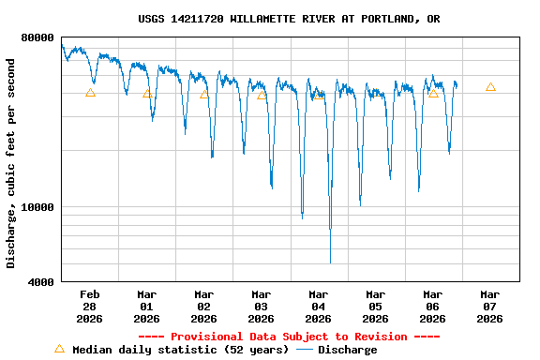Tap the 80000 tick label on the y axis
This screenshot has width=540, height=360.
point(37,37)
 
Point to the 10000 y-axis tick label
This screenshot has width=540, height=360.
point(37,207)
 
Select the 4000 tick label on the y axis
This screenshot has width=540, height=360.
point(41,281)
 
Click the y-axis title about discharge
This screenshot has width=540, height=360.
point(11,163)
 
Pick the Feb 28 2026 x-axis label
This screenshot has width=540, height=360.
point(90,307)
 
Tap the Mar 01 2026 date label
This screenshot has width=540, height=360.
point(147,307)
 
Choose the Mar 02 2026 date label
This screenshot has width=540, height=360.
point(204,307)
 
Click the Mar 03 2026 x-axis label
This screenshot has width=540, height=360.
point(262,307)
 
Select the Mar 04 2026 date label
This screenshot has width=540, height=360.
point(319,307)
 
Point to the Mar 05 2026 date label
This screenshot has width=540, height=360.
point(375,307)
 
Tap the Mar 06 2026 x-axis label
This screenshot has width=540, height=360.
point(432,307)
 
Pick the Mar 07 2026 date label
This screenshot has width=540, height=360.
point(489,307)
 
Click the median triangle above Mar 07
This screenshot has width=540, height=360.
point(490,87)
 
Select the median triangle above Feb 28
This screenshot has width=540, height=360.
point(90,93)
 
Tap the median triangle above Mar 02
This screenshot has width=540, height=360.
point(204,94)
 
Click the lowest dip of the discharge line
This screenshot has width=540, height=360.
point(330,261)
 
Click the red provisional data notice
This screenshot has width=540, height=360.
point(289,337)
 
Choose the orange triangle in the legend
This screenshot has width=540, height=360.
point(60,349)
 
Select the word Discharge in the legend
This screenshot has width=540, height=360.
point(347,350)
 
